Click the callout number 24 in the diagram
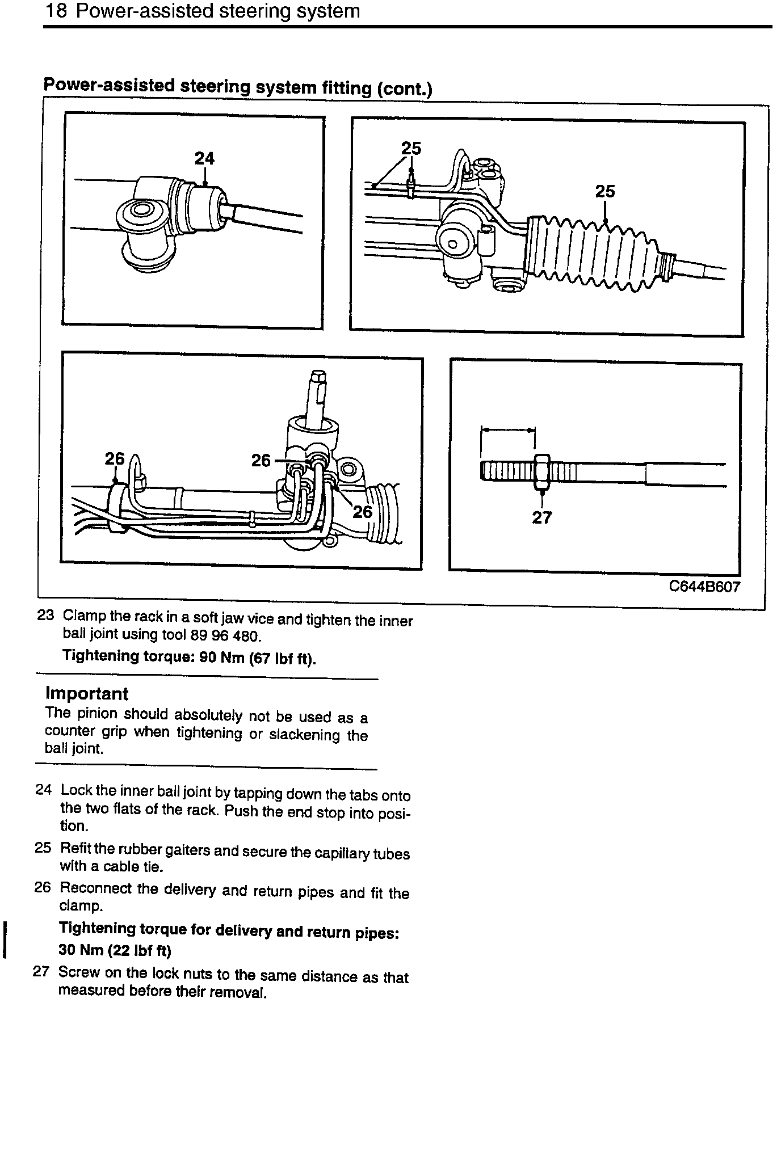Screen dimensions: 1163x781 [x=204, y=158]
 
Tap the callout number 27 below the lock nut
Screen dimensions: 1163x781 [x=541, y=517]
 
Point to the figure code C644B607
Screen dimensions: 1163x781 [x=704, y=587]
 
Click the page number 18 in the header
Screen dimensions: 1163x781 [x=56, y=11]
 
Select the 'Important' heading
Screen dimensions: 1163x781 [x=86, y=694]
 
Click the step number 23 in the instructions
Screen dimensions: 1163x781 [x=45, y=615]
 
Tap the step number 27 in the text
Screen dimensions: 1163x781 [x=41, y=971]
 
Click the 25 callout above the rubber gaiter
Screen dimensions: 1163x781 [x=604, y=192]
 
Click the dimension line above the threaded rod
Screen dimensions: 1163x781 [x=507, y=430]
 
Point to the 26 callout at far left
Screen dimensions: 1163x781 [x=114, y=458]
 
